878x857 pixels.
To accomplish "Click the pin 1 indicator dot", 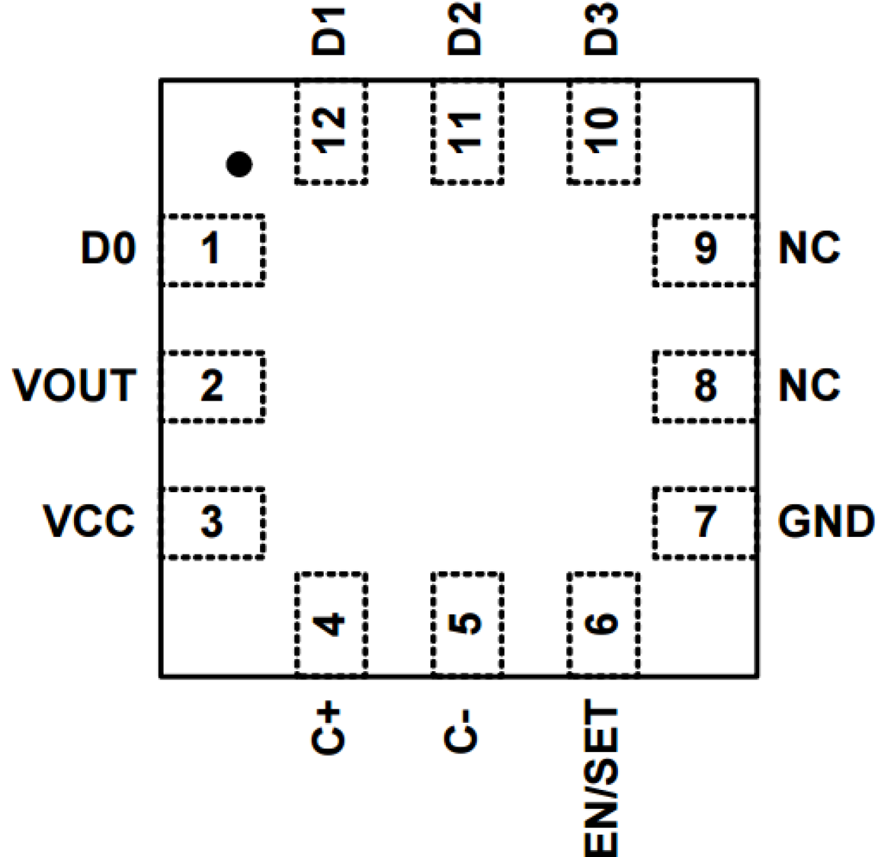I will pyautogui.click(x=239, y=164).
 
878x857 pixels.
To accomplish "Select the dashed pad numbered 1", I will pyautogui.click(x=213, y=250).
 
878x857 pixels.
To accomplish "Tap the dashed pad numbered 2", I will pyautogui.click(x=213, y=386).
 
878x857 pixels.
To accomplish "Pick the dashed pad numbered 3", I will pyautogui.click(x=213, y=522).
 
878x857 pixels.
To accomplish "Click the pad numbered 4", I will pyautogui.click(x=331, y=624).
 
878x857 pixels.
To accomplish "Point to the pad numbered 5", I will pyautogui.click(x=467, y=624).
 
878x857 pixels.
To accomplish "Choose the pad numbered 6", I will pyautogui.click(x=603, y=624).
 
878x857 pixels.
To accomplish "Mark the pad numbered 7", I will pyautogui.click(x=705, y=522).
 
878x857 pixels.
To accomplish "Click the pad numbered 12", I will pyautogui.click(x=331, y=133).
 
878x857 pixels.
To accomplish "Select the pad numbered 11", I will pyautogui.click(x=467, y=133).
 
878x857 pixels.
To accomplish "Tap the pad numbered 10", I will pyautogui.click(x=603, y=133).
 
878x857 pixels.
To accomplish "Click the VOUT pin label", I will pyautogui.click(x=75, y=385).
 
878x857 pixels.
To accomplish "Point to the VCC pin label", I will pyautogui.click(x=89, y=521).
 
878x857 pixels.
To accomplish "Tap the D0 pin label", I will pyautogui.click(x=108, y=249).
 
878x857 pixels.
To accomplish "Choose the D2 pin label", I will pyautogui.click(x=465, y=29).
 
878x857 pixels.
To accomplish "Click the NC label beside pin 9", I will pyautogui.click(x=809, y=249).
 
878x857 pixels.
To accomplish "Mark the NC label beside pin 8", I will pyautogui.click(x=809, y=385).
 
